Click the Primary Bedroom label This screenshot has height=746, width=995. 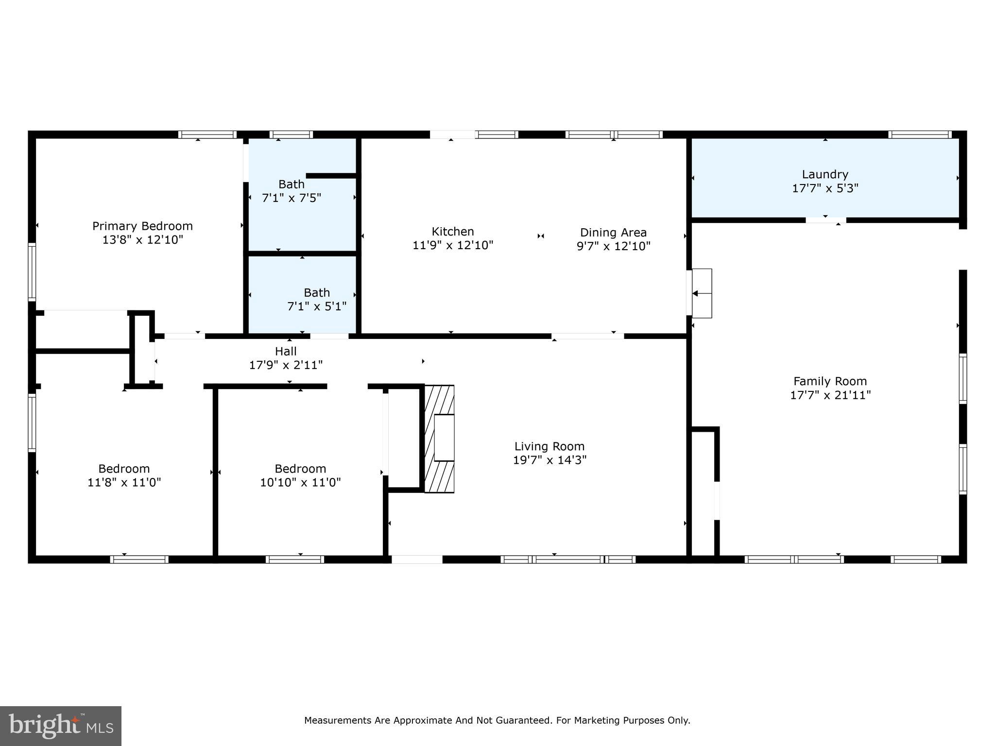coord(142,226)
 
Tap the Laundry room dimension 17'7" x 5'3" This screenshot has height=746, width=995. coord(825,188)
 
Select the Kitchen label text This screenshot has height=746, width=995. coord(452,232)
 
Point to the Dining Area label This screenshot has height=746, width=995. coord(613,233)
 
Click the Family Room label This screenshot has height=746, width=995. coord(830,381)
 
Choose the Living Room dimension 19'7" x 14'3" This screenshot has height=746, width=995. coord(549,460)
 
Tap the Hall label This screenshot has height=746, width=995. coord(286,351)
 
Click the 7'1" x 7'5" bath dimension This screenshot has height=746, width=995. coord(292,198)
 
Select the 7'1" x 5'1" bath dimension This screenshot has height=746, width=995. coord(317,306)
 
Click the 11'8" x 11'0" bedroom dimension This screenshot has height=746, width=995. coord(124,482)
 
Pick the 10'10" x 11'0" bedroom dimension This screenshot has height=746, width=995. coord(300,482)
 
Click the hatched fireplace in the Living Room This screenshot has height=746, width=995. coord(439,439)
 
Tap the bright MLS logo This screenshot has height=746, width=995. coord(61,726)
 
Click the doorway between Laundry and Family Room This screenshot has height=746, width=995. coord(825,220)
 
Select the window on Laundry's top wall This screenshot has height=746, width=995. coord(920,135)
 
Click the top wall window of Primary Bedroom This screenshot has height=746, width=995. coord(207,135)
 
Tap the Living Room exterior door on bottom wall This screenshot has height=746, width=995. coord(417,559)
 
